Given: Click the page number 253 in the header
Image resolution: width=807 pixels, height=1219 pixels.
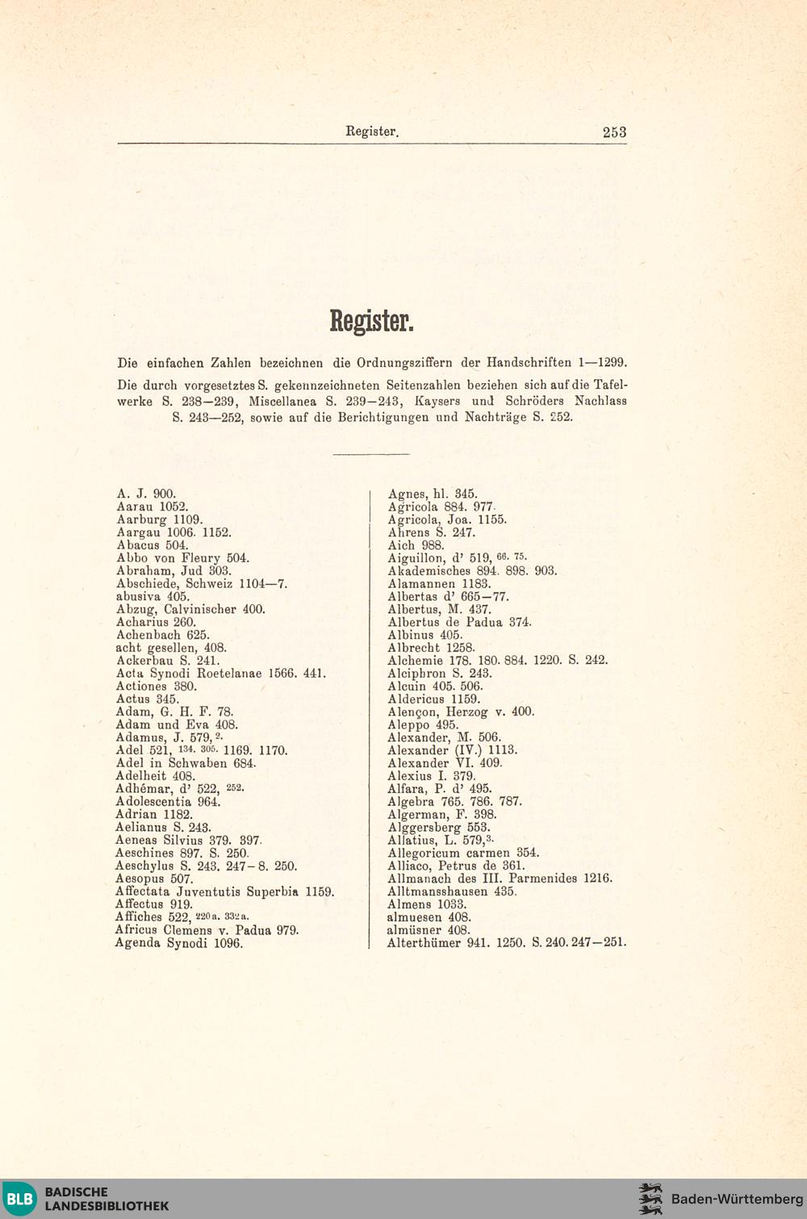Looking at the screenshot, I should click(614, 132).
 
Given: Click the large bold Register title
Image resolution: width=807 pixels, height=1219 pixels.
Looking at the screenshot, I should click(371, 321).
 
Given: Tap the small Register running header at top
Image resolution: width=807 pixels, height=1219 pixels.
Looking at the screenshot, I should click(372, 132).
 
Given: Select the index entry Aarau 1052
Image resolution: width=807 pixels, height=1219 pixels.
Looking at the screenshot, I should click(153, 507).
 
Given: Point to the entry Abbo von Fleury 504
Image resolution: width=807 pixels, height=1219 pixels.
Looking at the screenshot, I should click(182, 558).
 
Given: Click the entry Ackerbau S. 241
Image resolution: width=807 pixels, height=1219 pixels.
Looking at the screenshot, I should click(168, 661).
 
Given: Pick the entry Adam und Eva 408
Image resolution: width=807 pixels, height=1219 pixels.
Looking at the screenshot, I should click(177, 724).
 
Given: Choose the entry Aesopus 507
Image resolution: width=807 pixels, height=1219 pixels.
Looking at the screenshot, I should click(154, 879).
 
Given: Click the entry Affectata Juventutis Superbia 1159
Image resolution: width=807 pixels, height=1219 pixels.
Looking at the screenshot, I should click(224, 891).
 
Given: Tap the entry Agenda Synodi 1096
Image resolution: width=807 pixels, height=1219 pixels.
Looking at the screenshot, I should click(178, 943).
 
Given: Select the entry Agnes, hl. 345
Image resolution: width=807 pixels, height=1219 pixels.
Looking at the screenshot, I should click(433, 494).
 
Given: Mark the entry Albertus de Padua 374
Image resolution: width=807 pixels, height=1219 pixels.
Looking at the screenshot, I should click(459, 622).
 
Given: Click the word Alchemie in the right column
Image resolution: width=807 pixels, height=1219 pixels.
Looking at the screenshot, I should click(415, 660).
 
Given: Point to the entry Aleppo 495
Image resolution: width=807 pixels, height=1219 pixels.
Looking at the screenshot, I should click(423, 724).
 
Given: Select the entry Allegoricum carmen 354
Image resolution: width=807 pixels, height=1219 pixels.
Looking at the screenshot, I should click(463, 853).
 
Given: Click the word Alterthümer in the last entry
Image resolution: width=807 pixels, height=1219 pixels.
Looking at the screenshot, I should click(423, 942).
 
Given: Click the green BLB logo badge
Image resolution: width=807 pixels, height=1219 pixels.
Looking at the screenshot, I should click(20, 1199).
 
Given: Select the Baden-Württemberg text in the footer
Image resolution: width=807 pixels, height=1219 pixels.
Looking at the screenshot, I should click(737, 1199).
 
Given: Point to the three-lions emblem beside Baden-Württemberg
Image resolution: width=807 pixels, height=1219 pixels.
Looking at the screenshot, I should click(650, 1199).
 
